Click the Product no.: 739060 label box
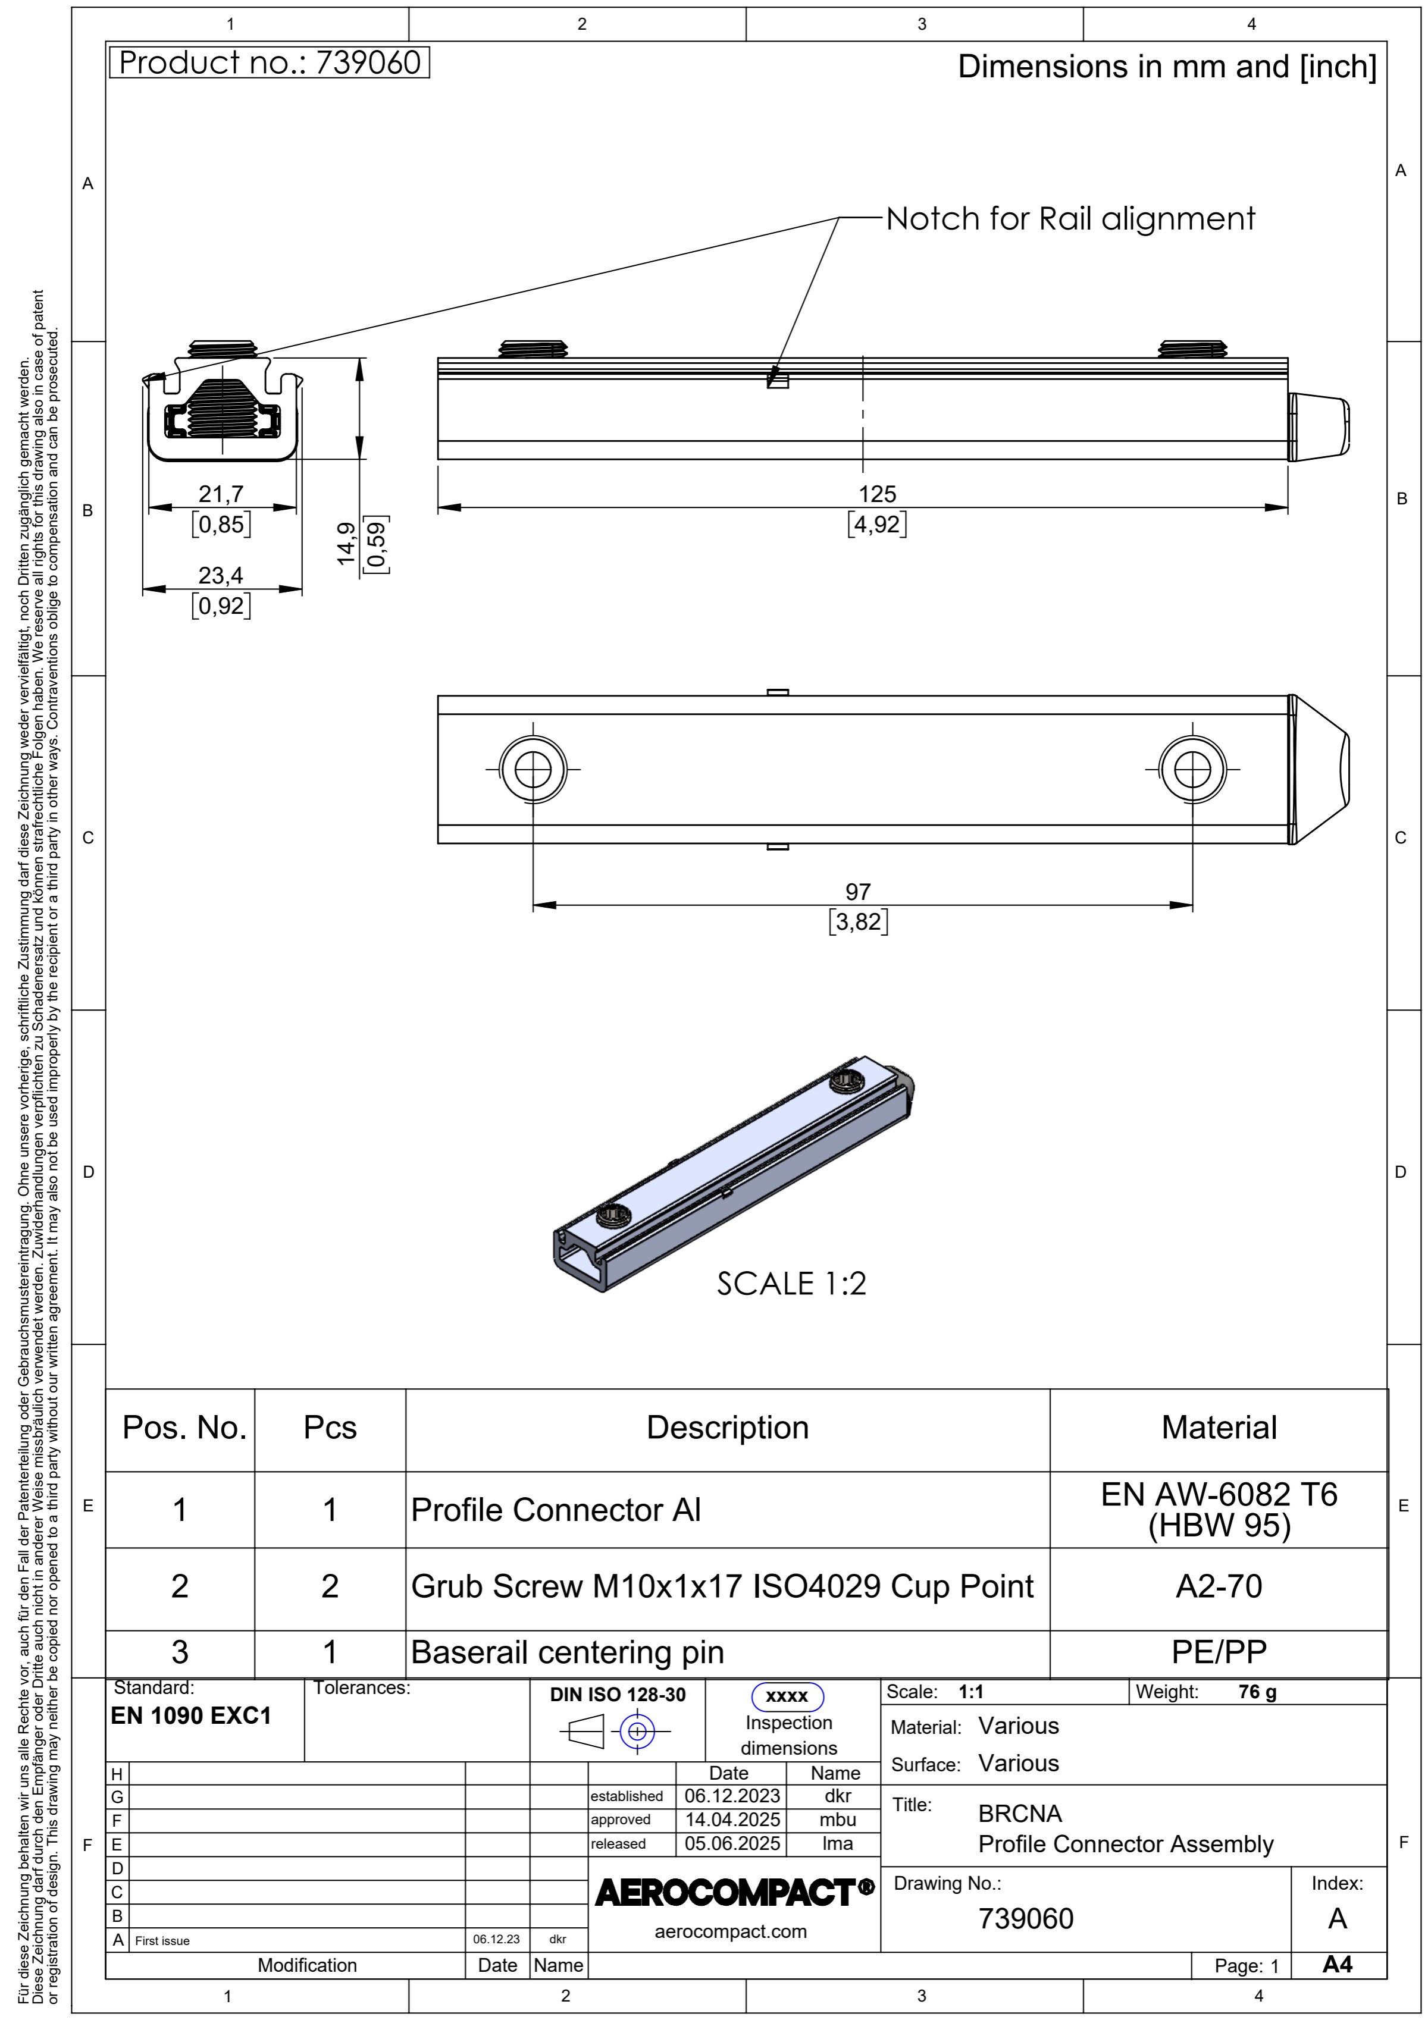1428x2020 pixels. (269, 62)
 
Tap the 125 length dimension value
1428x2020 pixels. (877, 494)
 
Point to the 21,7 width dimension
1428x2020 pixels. (221, 494)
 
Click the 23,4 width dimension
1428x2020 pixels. (221, 575)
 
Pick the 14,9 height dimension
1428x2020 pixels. (347, 544)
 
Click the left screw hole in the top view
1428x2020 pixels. (533, 770)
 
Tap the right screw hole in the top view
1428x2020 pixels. (1192, 770)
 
